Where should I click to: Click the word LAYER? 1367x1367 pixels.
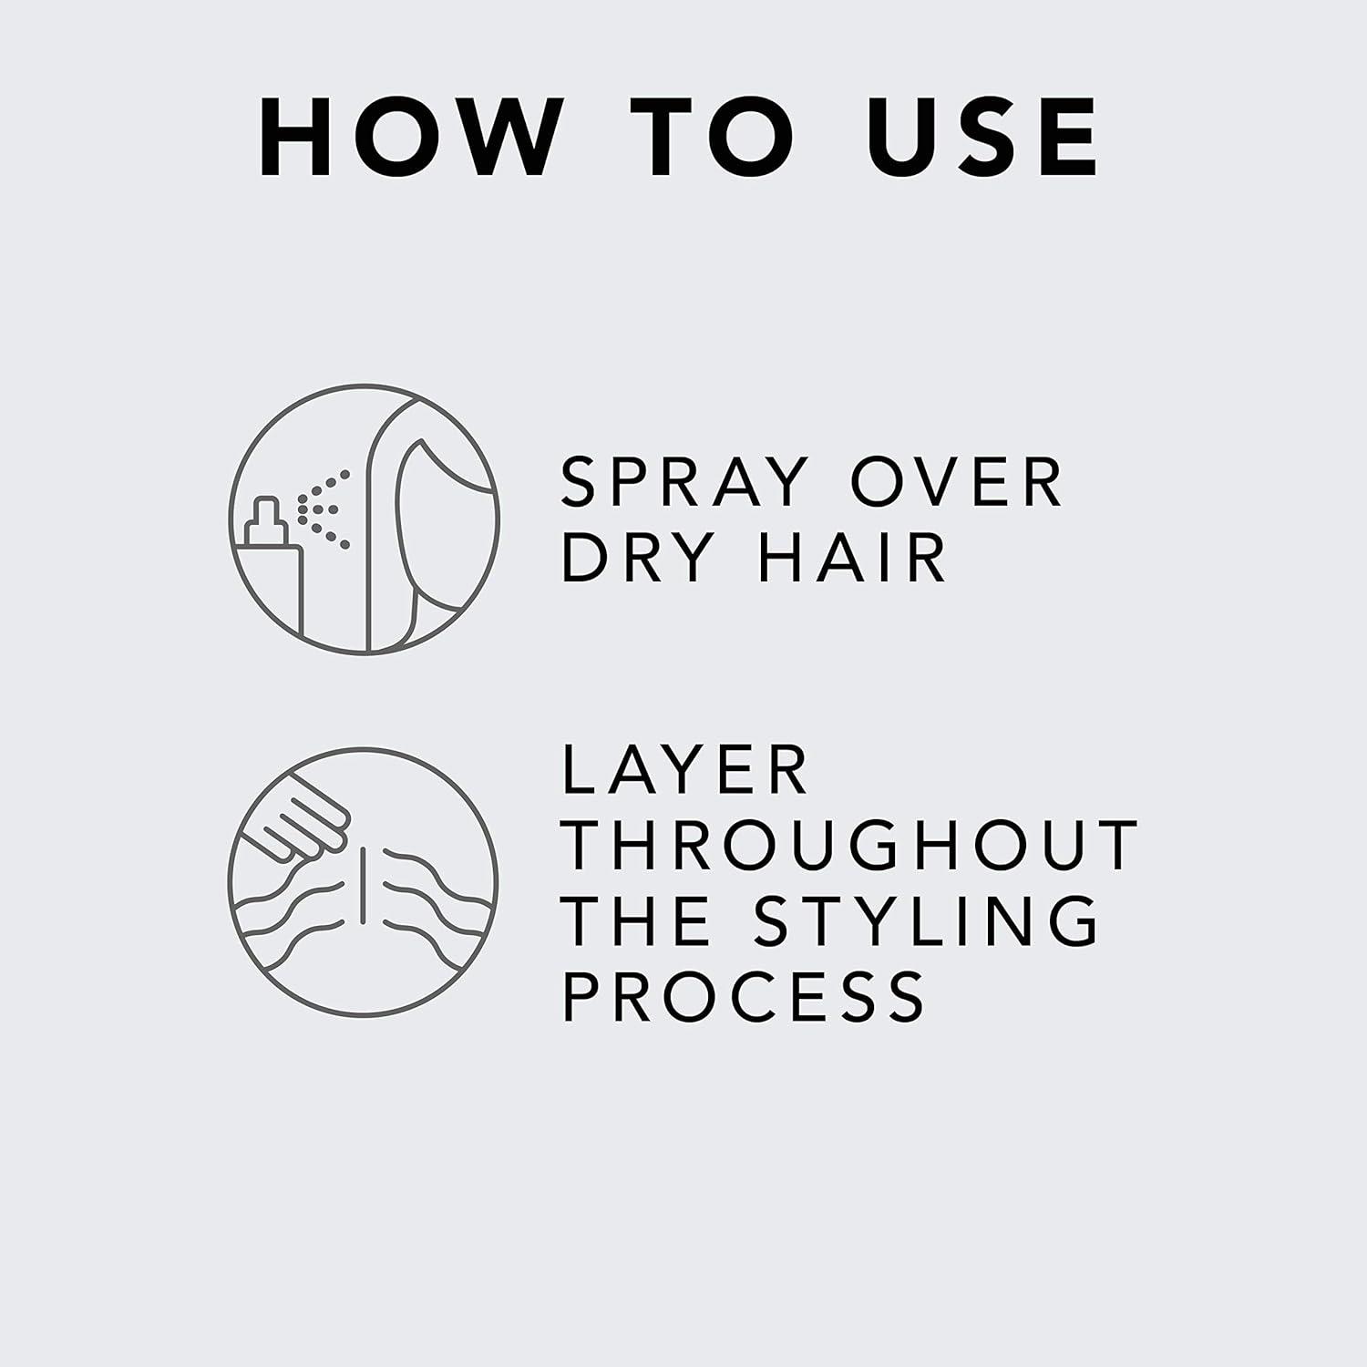tap(684, 770)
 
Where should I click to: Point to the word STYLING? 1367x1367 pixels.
tap(926, 920)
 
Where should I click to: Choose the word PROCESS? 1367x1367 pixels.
tap(744, 995)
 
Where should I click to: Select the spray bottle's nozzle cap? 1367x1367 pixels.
tap(264, 511)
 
